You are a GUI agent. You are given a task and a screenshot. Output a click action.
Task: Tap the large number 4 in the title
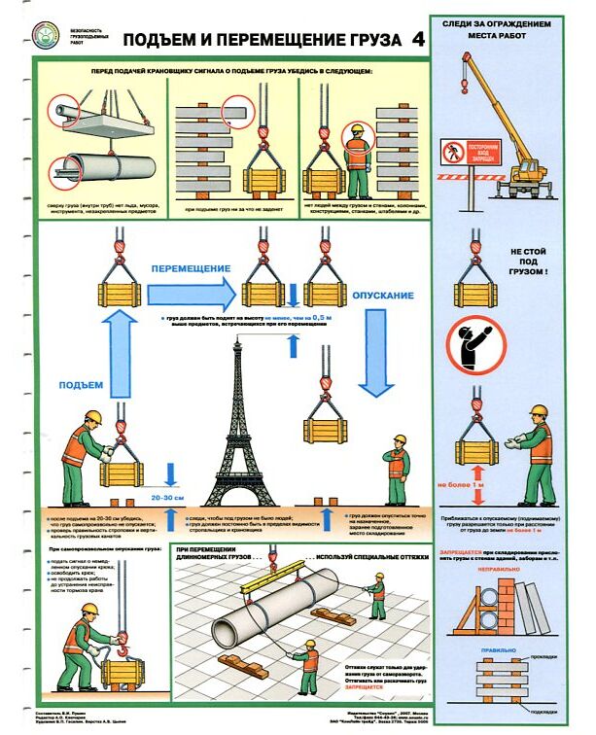417,40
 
